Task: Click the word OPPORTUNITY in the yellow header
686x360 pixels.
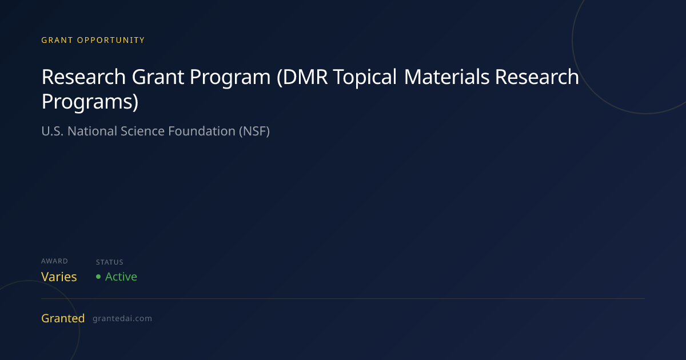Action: click(110, 40)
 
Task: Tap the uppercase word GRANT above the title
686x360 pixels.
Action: click(57, 40)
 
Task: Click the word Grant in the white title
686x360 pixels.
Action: click(158, 77)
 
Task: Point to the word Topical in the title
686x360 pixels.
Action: click(365, 77)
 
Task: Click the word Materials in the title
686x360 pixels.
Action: click(446, 77)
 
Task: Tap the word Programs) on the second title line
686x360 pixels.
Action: click(90, 102)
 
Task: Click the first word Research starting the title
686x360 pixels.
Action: click(83, 77)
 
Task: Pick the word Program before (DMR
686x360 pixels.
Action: click(230, 78)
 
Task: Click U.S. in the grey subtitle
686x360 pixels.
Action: click(53, 131)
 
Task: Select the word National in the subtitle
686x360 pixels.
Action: click(93, 131)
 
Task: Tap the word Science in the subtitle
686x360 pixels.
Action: click(143, 131)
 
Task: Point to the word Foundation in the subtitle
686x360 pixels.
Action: click(202, 131)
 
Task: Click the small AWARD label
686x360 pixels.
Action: click(54, 261)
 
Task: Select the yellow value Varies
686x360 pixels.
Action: click(59, 277)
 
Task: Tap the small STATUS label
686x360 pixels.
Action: click(110, 262)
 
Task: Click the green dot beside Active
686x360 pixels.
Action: click(98, 277)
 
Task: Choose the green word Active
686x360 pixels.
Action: click(121, 277)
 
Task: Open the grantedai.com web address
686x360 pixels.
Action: click(122, 319)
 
